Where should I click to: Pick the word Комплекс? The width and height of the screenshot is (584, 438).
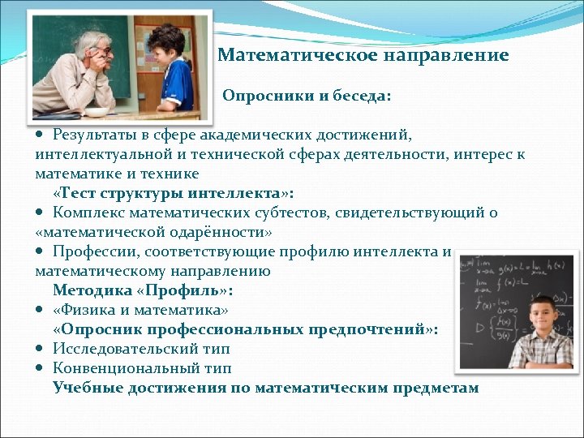[x=87, y=213]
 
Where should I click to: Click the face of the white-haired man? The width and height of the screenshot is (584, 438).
[x=99, y=57]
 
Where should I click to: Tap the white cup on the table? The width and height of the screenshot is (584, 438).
[x=99, y=112]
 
